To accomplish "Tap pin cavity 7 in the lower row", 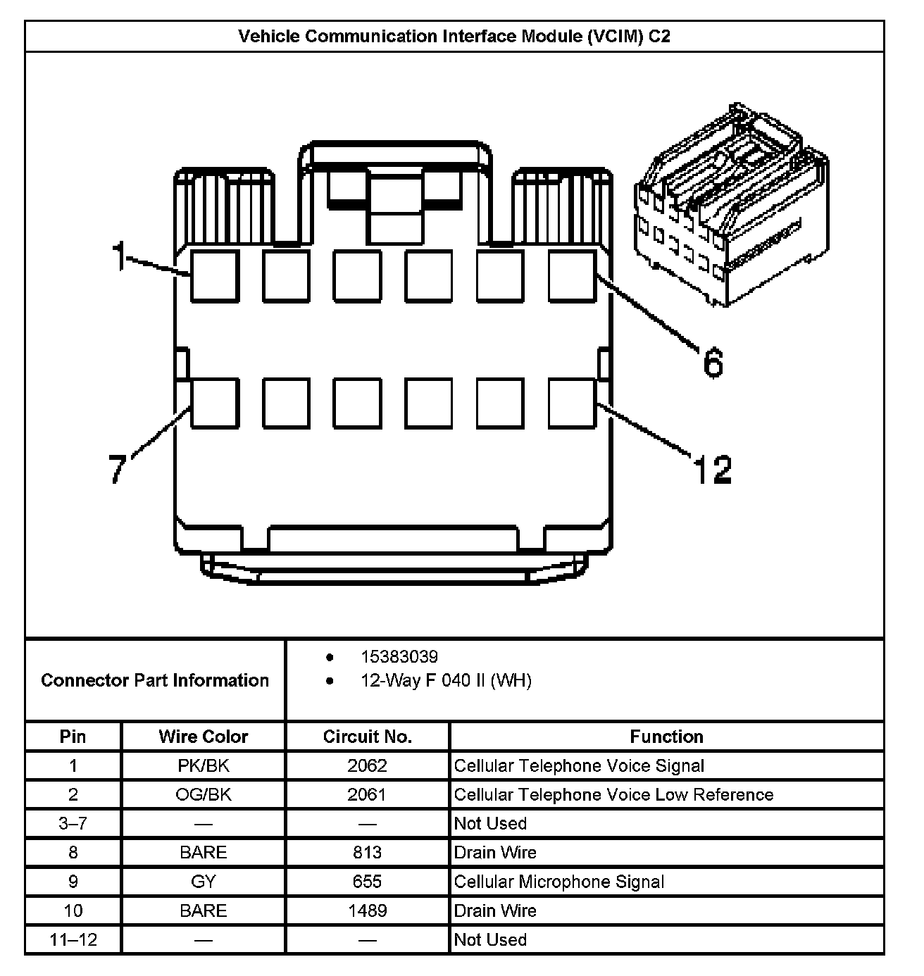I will pos(215,403).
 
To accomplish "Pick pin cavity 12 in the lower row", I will pos(572,403).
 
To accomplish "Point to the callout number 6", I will pos(713,363).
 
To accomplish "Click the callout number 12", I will pos(713,470).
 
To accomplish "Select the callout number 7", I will pos(118,468).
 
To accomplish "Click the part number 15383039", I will pos(399,657).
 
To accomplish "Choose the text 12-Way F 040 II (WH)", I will pos(446,680).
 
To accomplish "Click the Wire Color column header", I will pos(204,737).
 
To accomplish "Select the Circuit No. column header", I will pos(367,737).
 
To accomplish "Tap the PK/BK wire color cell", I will pos(204,765).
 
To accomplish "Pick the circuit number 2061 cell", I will pos(367,794).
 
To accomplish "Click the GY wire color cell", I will pos(204,882).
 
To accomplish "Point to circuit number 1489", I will pos(367,911).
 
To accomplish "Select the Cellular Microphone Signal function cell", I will pos(558,882).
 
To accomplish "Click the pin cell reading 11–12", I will pos(73,939).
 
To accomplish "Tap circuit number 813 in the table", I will pos(367,853).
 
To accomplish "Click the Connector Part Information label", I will pos(155,680).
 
